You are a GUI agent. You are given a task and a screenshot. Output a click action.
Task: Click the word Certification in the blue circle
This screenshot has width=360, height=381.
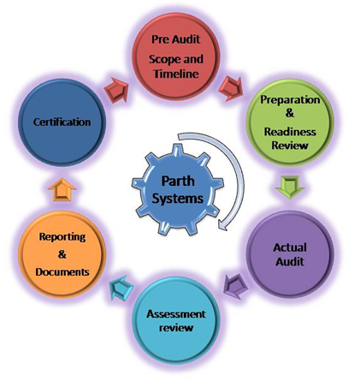click(x=62, y=122)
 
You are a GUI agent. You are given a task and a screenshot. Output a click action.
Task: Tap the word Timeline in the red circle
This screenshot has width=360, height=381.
click(x=176, y=74)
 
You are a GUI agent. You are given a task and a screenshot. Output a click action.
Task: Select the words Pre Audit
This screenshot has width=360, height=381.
click(x=176, y=39)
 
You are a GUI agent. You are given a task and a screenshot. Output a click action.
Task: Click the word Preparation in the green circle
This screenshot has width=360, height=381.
click(x=290, y=100)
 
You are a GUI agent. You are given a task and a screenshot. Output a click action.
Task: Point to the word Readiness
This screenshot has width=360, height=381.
click(x=290, y=132)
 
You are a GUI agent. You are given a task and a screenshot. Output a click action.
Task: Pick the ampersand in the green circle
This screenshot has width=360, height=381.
click(x=289, y=113)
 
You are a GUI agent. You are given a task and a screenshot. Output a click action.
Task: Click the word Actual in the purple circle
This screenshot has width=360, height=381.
click(x=290, y=247)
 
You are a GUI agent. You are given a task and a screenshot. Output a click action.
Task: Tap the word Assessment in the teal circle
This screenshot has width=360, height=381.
click(x=176, y=314)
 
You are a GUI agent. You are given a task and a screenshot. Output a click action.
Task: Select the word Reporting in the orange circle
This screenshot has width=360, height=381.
click(x=62, y=237)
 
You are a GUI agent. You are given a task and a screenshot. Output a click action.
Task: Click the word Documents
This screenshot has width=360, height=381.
click(x=62, y=272)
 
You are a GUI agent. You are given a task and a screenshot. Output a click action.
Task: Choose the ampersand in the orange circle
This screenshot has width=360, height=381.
click(x=62, y=254)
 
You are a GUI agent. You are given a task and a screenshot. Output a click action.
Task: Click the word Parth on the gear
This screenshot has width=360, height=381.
click(x=178, y=181)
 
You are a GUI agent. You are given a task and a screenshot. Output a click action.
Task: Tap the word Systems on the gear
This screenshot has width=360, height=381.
click(x=178, y=199)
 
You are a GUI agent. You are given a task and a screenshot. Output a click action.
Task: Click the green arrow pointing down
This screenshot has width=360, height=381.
click(x=290, y=188)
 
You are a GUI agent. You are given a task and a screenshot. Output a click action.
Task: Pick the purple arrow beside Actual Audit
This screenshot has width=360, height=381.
click(x=235, y=286)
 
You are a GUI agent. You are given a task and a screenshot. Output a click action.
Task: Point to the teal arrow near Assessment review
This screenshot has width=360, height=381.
click(x=121, y=288)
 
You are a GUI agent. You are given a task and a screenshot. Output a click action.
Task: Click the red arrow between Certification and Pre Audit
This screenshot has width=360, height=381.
click(x=116, y=90)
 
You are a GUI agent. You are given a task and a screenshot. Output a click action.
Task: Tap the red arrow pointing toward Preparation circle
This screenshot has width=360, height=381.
click(x=231, y=89)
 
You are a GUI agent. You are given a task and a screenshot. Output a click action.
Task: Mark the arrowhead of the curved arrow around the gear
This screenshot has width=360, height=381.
click(x=222, y=225)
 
